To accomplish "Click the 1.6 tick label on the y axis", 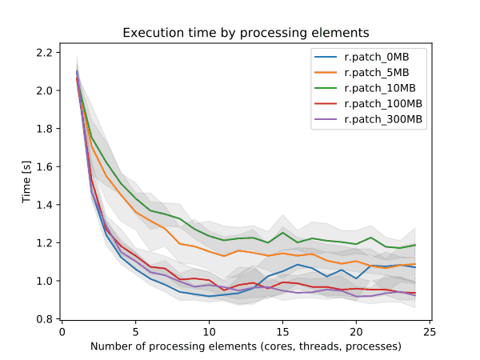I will [x=44, y=167].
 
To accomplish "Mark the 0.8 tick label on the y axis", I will [x=44, y=319].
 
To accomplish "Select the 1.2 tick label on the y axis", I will [x=44, y=243].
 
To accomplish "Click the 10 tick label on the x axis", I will [x=209, y=332].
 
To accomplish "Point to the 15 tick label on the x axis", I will [x=283, y=332].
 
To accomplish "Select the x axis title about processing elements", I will [x=246, y=346].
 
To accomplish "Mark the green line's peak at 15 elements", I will [x=283, y=233].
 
